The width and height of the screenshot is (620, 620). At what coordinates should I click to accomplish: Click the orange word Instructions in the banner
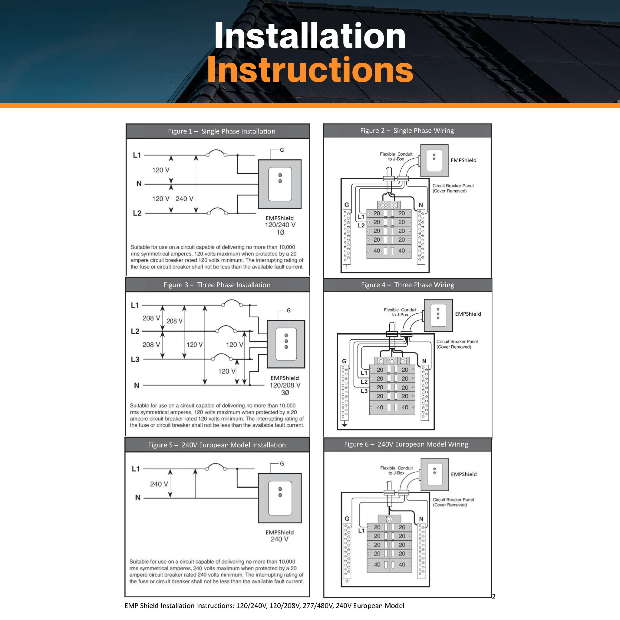click(x=310, y=70)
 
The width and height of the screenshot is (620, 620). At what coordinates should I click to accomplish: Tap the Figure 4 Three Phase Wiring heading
click(x=407, y=285)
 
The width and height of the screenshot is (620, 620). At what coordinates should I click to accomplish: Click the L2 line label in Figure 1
click(x=137, y=213)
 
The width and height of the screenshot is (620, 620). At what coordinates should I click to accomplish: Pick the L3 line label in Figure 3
click(x=135, y=359)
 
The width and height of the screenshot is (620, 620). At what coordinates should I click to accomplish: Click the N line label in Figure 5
click(x=138, y=497)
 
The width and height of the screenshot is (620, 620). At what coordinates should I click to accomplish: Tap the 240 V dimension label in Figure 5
click(x=159, y=484)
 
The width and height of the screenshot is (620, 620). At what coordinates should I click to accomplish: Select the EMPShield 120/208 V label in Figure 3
click(x=285, y=381)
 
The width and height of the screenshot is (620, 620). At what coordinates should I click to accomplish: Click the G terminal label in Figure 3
click(x=289, y=310)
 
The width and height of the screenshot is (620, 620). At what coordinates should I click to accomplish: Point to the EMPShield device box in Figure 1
click(x=280, y=184)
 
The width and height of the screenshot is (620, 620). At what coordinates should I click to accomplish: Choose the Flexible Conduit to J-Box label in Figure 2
click(x=396, y=157)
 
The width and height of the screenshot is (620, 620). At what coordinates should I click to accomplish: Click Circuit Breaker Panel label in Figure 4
click(x=457, y=344)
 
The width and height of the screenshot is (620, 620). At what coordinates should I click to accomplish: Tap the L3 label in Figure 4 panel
click(x=364, y=391)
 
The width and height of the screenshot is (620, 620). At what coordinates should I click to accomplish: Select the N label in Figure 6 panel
click(x=421, y=519)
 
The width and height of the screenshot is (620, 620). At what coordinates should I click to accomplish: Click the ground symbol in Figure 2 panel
click(x=347, y=267)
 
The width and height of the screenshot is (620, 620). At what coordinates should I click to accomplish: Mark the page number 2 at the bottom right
click(x=493, y=597)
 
